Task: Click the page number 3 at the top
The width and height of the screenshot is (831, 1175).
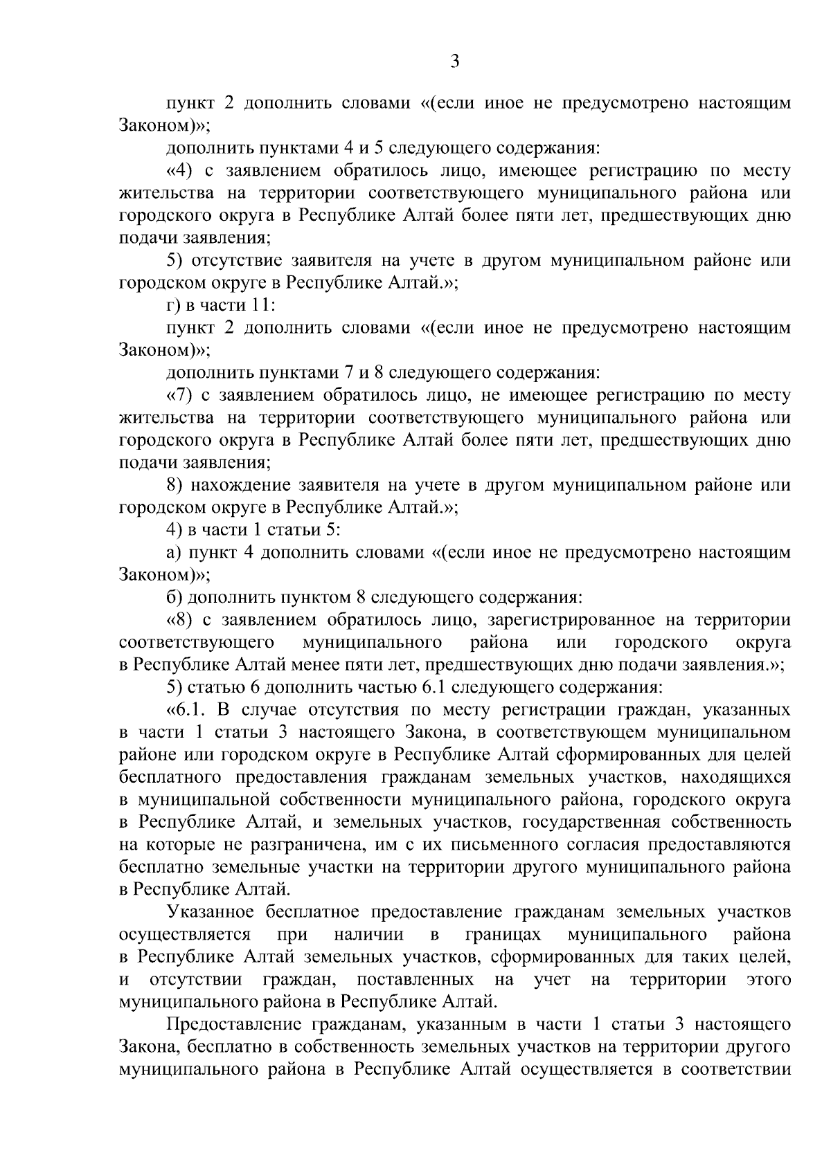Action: pos(454,62)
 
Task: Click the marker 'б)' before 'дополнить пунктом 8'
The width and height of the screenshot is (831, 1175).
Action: pos(175,597)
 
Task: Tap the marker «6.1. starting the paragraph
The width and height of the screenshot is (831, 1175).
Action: pos(188,709)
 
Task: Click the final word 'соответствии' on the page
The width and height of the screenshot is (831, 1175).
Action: pos(737,1069)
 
